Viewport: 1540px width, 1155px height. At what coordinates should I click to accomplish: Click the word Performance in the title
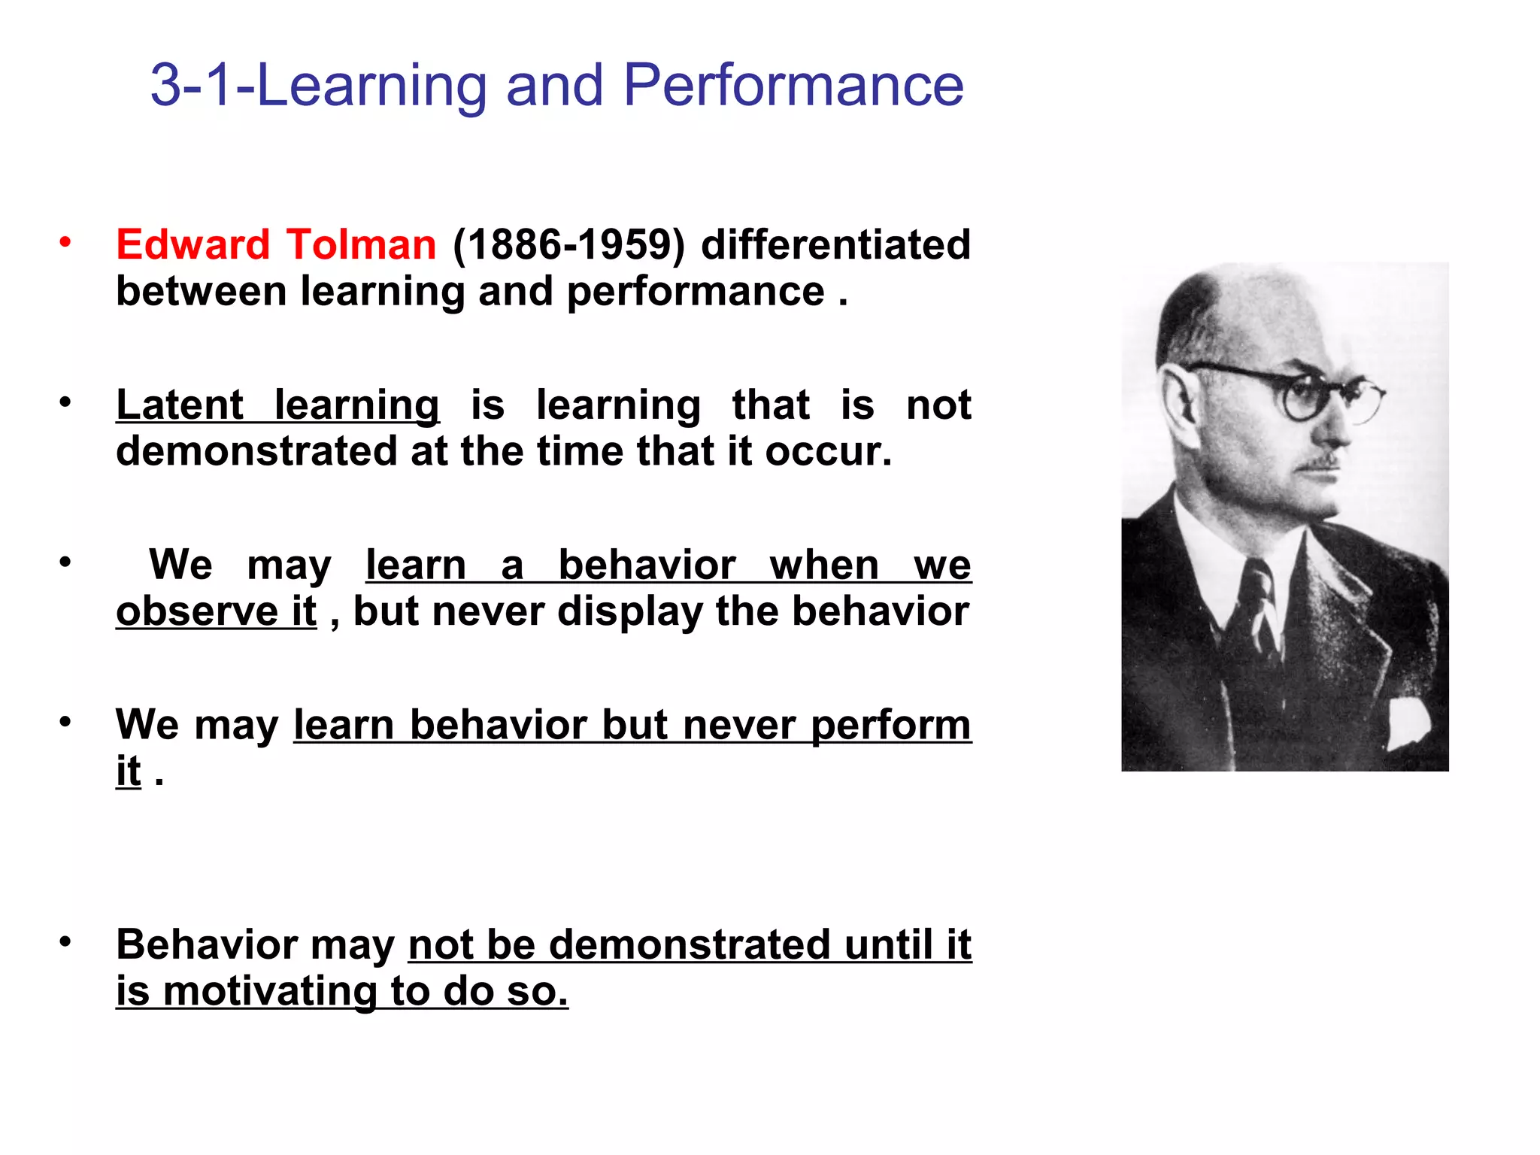[x=793, y=86]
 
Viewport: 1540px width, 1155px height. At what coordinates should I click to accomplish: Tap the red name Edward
[x=192, y=245]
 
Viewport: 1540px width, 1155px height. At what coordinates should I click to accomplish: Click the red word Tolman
[x=361, y=245]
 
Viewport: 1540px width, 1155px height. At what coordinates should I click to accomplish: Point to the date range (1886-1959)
[x=568, y=245]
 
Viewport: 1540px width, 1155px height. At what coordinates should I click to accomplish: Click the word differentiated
[x=835, y=245]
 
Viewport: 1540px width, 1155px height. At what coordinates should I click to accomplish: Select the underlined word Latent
[x=180, y=405]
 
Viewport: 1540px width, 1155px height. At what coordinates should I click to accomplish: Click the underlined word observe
[x=197, y=611]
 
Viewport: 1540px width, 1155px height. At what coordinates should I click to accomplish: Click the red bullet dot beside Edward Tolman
[x=66, y=242]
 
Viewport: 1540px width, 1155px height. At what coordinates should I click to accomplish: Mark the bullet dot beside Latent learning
[x=66, y=402]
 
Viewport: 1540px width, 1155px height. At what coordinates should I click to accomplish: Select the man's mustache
[x=1322, y=461]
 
